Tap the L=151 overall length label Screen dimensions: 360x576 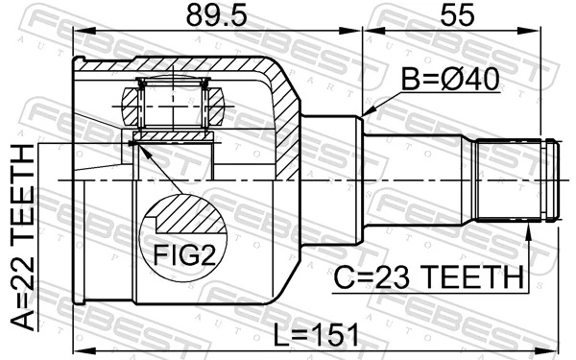point(312,335)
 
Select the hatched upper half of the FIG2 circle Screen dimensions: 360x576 point(188,217)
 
